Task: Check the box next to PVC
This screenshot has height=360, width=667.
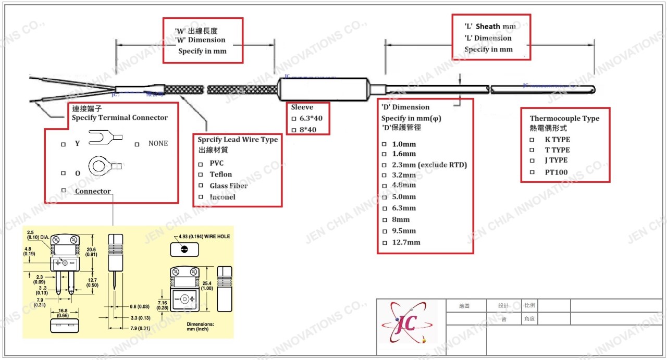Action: pyautogui.click(x=201, y=163)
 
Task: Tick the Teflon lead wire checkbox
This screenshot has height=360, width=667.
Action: pyautogui.click(x=201, y=175)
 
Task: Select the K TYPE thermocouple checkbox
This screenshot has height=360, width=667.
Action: pyautogui.click(x=532, y=140)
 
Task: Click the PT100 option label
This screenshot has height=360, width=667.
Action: pyautogui.click(x=557, y=172)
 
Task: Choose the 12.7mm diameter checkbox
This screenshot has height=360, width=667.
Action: pyautogui.click(x=385, y=243)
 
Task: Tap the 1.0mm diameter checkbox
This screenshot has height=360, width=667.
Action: pyautogui.click(x=385, y=144)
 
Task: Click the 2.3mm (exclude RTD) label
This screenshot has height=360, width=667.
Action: pyautogui.click(x=429, y=165)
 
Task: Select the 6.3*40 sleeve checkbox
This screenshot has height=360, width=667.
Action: pyautogui.click(x=294, y=119)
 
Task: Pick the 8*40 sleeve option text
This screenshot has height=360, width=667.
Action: pyautogui.click(x=311, y=130)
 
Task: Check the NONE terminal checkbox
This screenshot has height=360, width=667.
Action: pyautogui.click(x=138, y=144)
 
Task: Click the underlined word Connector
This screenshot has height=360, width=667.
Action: pyautogui.click(x=93, y=191)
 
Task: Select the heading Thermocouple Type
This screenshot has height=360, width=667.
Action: pyautogui.click(x=564, y=118)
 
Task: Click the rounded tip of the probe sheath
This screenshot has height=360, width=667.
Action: pyautogui.click(x=592, y=89)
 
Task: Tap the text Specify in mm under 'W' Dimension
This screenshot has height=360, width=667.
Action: pyautogui.click(x=202, y=52)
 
